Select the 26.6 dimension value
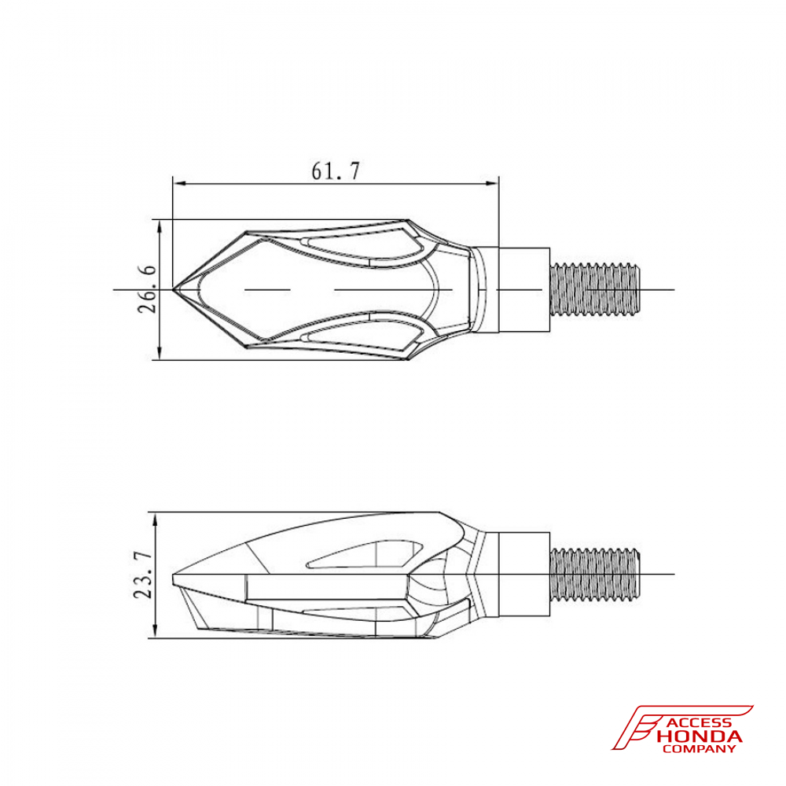click(147, 289)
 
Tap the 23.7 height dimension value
click(143, 575)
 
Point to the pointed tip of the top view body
click(175, 289)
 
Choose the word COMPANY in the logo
click(700, 749)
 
